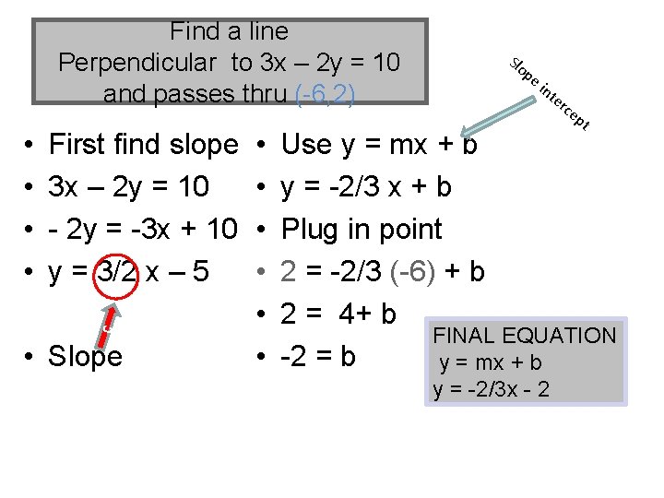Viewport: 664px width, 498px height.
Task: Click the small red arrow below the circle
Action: click(108, 318)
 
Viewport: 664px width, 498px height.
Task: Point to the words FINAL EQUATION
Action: click(524, 336)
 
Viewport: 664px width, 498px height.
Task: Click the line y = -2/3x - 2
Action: click(491, 389)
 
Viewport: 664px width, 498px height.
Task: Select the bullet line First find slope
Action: click(143, 145)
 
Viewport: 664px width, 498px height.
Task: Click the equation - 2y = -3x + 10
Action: click(143, 230)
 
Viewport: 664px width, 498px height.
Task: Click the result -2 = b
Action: click(318, 357)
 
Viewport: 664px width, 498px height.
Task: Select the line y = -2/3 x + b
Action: click(366, 187)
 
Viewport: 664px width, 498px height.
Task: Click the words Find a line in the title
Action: click(229, 31)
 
